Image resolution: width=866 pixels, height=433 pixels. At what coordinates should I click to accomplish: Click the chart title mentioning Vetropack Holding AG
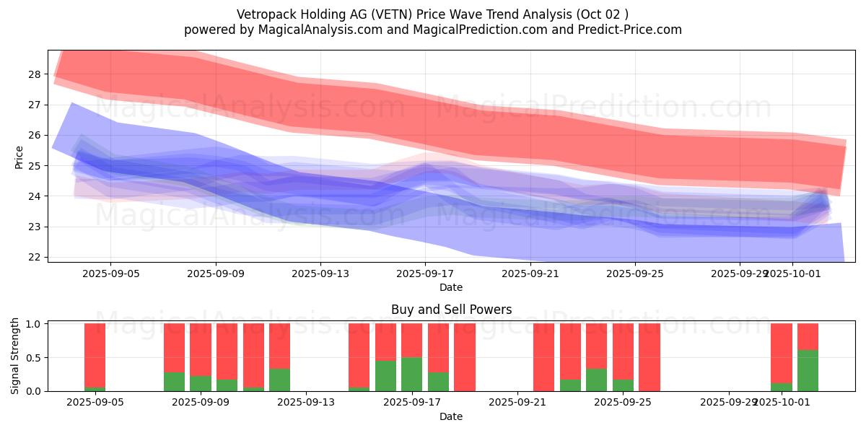tap(432, 14)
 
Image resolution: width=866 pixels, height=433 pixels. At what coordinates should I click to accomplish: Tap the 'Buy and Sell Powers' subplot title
tap(451, 310)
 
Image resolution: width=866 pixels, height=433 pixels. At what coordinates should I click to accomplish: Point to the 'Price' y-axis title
tap(19, 157)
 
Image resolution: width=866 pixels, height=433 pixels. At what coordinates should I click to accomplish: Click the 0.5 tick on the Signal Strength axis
tap(32, 358)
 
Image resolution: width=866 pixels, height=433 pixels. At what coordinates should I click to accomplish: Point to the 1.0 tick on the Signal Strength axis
tap(32, 324)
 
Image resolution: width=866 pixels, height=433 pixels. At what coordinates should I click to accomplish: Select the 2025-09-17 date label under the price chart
tap(425, 274)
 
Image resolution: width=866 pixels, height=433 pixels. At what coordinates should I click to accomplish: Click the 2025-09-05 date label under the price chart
tap(110, 274)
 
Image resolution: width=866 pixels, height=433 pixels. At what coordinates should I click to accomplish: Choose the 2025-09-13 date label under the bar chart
tap(306, 403)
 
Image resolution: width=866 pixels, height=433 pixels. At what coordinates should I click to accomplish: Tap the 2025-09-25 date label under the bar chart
tap(623, 403)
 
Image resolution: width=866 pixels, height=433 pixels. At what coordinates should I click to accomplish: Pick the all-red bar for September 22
tap(543, 357)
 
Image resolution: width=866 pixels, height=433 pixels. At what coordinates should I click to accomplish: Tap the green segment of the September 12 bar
tap(279, 380)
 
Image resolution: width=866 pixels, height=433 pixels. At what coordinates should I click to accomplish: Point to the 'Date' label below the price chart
tap(451, 287)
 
